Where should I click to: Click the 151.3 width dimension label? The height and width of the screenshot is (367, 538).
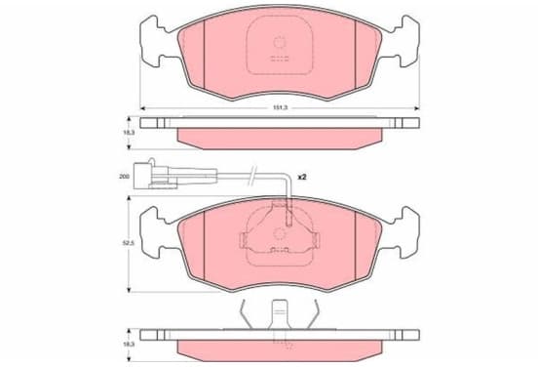point(280,107)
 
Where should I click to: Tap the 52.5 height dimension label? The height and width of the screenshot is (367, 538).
point(129,243)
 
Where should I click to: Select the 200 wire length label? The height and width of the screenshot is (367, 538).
point(125,177)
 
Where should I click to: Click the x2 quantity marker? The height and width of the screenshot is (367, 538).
point(301,177)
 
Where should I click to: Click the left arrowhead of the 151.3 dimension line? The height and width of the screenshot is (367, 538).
point(142,108)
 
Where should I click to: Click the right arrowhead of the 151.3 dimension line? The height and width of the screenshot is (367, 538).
point(417,108)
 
